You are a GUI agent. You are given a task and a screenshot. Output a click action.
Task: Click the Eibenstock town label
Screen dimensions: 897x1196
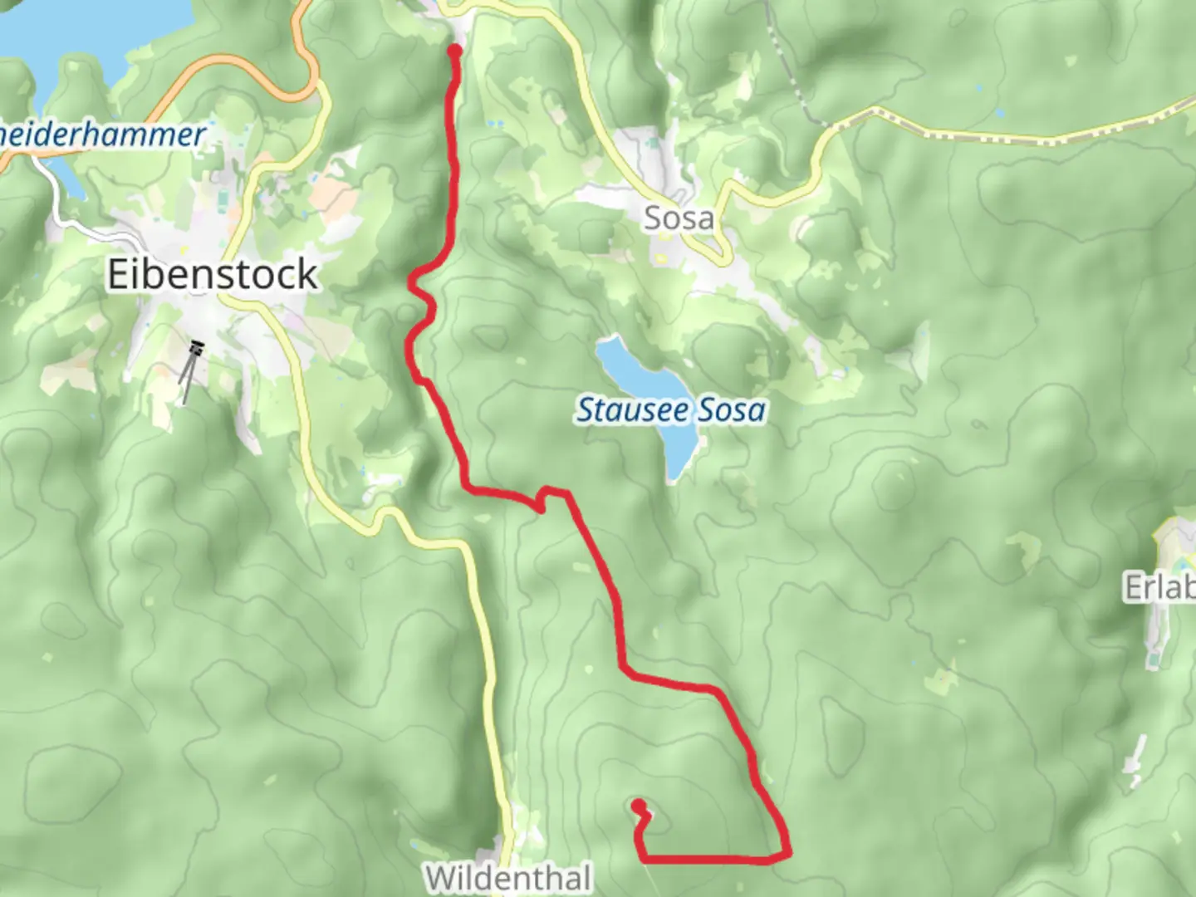(x=213, y=275)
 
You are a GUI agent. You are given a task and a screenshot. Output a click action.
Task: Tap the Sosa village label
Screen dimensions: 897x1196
(x=679, y=219)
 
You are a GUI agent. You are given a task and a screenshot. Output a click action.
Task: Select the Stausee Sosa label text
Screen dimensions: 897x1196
(x=671, y=410)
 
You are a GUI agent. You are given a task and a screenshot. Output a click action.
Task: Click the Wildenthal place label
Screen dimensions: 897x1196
(x=508, y=877)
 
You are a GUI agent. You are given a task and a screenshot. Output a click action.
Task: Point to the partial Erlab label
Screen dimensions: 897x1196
(x=1159, y=588)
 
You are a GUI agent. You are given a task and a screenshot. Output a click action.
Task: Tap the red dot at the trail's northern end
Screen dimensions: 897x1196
(x=455, y=51)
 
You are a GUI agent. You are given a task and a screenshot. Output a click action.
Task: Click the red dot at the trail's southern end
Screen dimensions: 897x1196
(x=639, y=805)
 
